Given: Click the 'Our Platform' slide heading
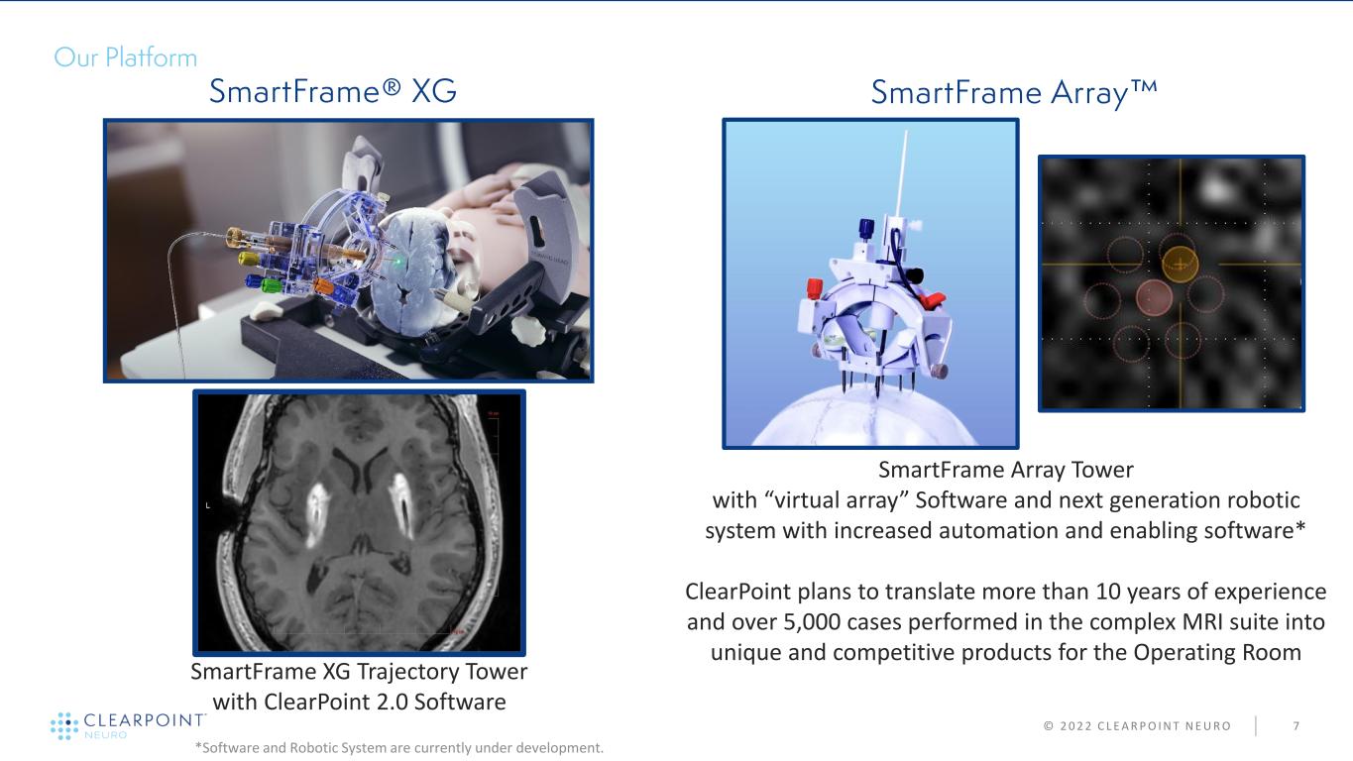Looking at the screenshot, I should click(125, 57).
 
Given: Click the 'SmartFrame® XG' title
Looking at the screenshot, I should click(333, 91).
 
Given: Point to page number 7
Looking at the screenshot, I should click(1297, 726).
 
